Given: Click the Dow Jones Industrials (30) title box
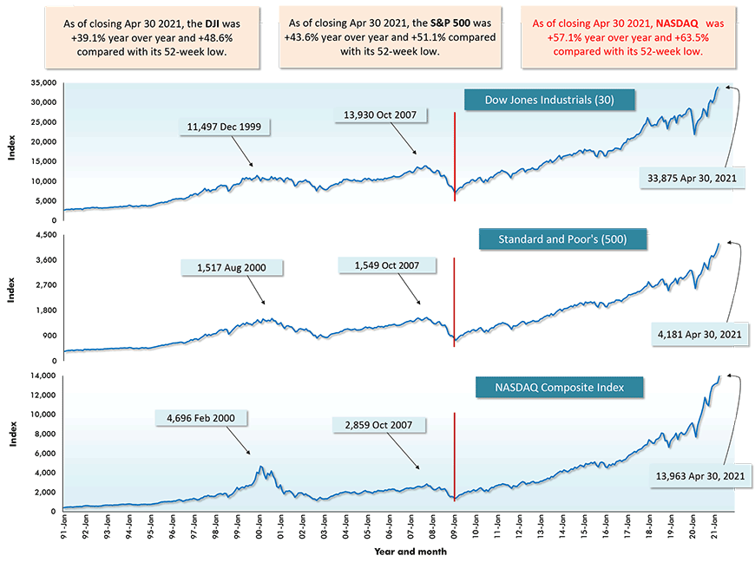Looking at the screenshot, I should pos(549,100).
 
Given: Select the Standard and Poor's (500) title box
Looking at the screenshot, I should pos(562,239).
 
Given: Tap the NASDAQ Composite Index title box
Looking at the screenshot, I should pos(561,387).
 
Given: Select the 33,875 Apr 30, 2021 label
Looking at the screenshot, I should pos(693,178).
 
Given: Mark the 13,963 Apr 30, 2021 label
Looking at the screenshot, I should pos(698,476).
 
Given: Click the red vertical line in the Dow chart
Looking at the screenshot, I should pos(455,156).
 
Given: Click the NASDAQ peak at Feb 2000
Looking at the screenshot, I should pos(260,467).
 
